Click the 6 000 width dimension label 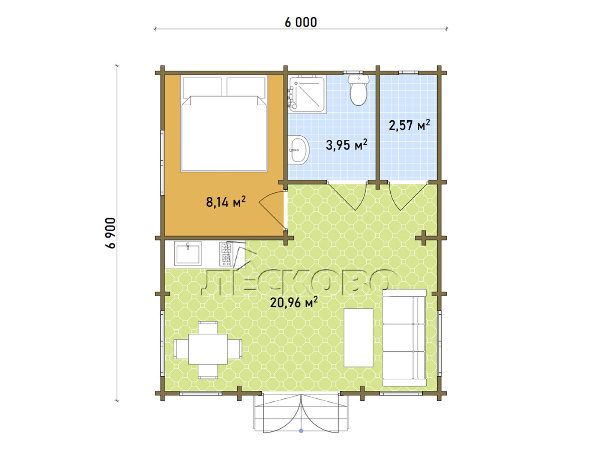(x=300, y=23)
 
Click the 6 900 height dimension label (x=110, y=233)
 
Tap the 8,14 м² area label (x=226, y=202)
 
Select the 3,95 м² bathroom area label (x=346, y=145)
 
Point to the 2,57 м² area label (x=409, y=125)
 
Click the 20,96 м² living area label (x=294, y=302)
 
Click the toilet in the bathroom (x=358, y=90)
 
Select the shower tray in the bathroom (x=307, y=94)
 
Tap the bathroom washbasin (x=299, y=150)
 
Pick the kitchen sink (x=188, y=253)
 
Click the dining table (x=208, y=349)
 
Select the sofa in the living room (x=405, y=337)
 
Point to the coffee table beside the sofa (x=358, y=337)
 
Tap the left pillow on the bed (x=202, y=87)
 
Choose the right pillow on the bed (x=246, y=87)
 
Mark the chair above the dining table (x=208, y=327)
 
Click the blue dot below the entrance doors (x=301, y=431)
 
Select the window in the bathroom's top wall (x=353, y=73)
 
